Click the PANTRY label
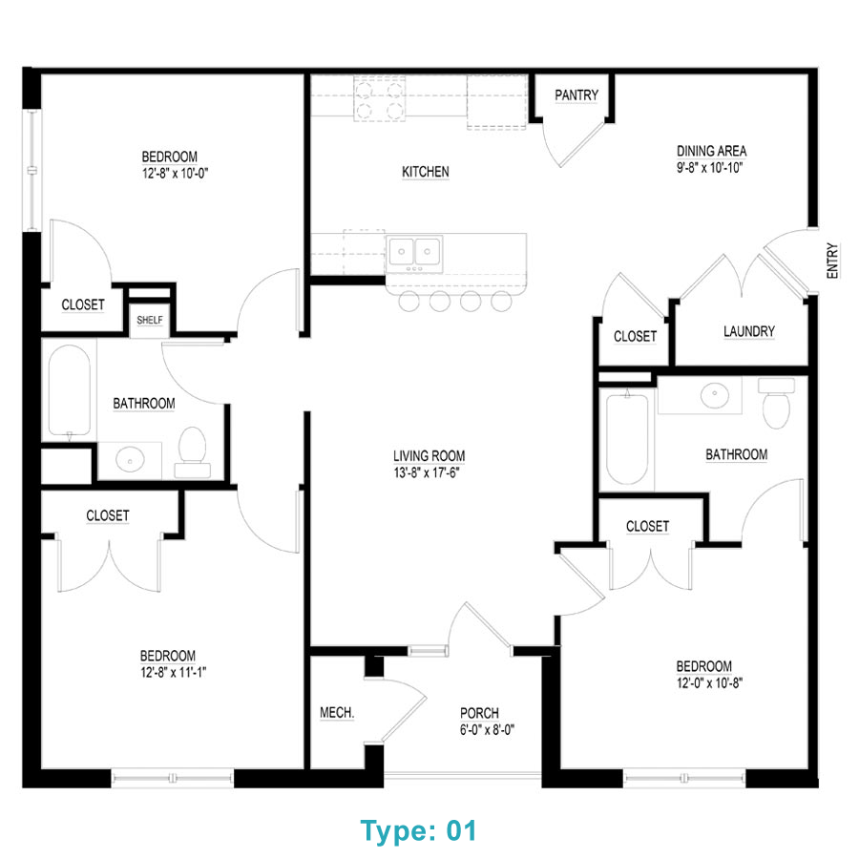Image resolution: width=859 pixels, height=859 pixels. click(576, 95)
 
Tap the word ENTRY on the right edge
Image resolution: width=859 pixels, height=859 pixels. click(832, 260)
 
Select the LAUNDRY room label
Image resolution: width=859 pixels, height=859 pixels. click(748, 332)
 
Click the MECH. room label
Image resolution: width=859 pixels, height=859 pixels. click(337, 713)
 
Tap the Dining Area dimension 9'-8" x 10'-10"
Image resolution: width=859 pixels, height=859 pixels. click(711, 167)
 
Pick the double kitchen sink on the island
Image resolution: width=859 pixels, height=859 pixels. click(414, 252)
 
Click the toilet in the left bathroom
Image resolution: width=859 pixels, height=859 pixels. click(193, 450)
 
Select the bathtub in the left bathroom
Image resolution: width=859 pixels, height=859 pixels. click(69, 390)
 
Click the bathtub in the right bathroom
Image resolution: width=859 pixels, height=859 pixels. click(628, 438)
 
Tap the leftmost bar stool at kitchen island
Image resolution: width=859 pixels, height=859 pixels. click(409, 303)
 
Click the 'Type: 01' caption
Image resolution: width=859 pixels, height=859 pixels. click(418, 830)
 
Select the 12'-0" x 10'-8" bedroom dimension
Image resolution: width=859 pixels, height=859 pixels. click(703, 682)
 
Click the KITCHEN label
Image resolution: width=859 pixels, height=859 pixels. click(425, 172)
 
